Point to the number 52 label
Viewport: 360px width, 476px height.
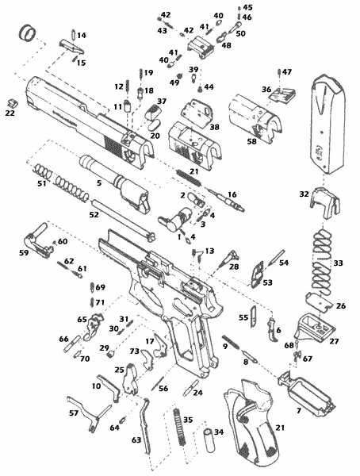point(94,214)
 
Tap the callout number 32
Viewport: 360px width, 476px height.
point(304,194)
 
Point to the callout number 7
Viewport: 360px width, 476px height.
point(298,412)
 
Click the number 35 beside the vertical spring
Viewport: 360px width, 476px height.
point(188,419)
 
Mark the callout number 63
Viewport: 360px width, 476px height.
point(136,439)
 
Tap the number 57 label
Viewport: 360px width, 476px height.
point(74,413)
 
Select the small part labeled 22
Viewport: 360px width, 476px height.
point(10,103)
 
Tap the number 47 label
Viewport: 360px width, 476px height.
point(287,72)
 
